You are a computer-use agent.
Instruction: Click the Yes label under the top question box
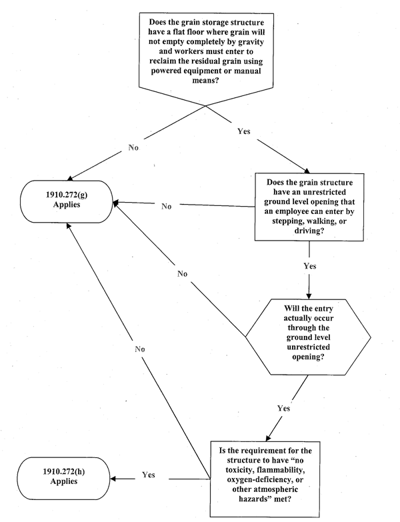point(245,130)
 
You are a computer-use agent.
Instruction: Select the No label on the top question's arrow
point(133,147)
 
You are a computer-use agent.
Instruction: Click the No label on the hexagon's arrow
point(181,273)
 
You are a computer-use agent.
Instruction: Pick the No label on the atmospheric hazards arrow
point(139,348)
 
